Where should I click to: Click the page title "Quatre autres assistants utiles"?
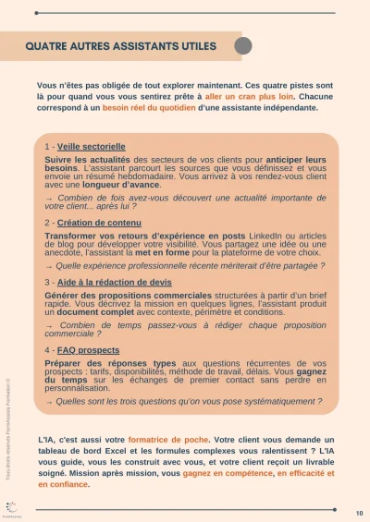coord(120,45)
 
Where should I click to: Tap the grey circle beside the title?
coord(243,46)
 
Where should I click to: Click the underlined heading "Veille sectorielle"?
coord(91,147)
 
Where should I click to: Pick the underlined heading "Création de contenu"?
coord(93,223)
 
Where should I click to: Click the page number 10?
coord(358,512)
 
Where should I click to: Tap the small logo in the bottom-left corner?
coord(11,506)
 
